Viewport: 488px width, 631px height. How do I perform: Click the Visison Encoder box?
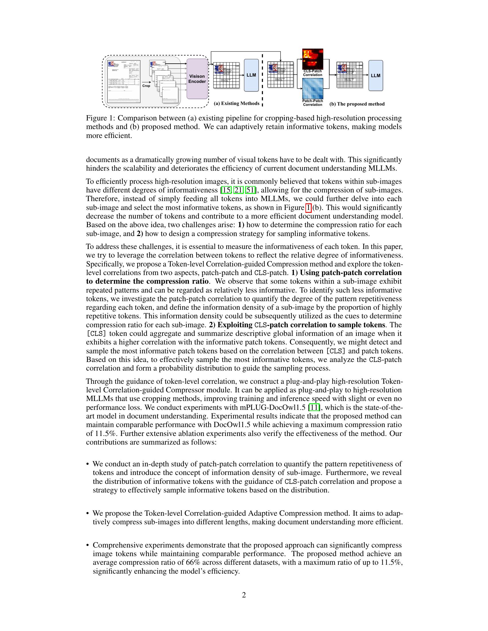click(197, 79)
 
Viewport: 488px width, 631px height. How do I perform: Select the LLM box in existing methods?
click(251, 75)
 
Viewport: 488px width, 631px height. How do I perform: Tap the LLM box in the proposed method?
click(375, 75)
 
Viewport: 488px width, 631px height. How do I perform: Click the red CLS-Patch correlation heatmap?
click(313, 59)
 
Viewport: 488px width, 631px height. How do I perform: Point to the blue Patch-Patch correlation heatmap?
click(313, 89)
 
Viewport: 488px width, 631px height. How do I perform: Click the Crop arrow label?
click(146, 86)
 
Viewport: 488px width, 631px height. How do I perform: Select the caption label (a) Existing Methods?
click(237, 104)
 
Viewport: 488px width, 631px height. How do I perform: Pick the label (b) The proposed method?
click(357, 104)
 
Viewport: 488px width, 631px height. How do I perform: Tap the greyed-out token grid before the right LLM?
click(350, 75)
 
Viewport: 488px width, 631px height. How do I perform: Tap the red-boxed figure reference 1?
click(309, 207)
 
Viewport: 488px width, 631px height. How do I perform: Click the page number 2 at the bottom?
click(244, 595)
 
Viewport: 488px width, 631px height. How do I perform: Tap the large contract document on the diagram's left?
click(124, 81)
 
